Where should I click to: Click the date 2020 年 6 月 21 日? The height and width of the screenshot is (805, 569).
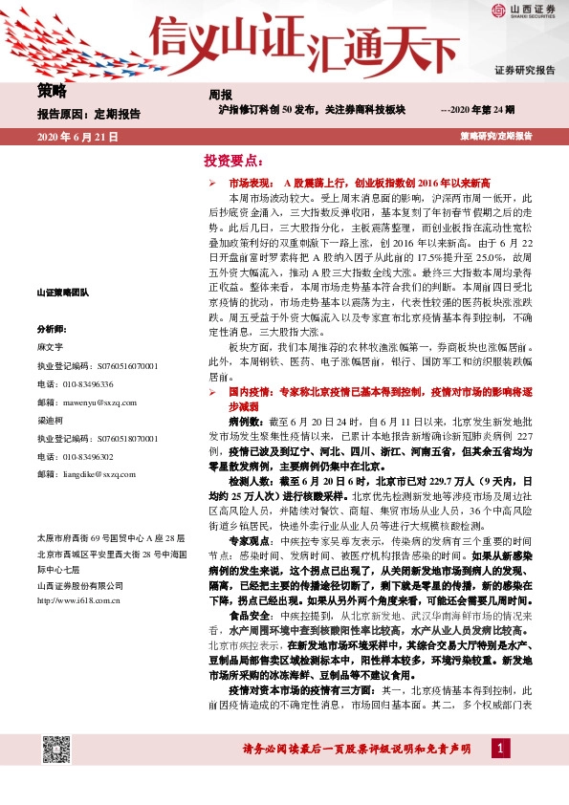(x=77, y=138)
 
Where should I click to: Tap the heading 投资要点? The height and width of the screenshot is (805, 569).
(x=231, y=161)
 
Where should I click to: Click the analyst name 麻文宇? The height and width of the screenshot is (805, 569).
(x=50, y=347)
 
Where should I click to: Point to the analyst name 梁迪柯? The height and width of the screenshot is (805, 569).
(x=50, y=420)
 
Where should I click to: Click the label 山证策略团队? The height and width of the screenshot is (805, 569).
(x=62, y=292)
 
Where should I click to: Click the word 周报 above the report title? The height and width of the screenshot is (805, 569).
(x=220, y=95)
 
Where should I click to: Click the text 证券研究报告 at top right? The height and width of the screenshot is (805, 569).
(x=524, y=71)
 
